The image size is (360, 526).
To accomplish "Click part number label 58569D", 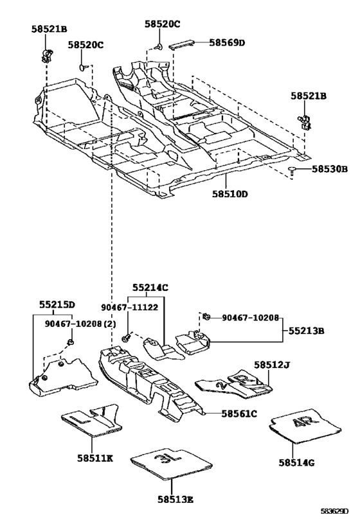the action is [227, 42].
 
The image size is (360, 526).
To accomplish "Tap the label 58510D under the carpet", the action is [230, 194].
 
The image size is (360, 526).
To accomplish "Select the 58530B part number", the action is [330, 169].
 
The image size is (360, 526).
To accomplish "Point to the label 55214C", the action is [150, 288].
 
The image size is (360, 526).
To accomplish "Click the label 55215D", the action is [57, 304].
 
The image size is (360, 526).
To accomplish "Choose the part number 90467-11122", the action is [130, 307].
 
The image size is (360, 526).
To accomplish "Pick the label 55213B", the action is [307, 331].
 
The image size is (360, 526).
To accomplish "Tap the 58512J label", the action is [272, 365].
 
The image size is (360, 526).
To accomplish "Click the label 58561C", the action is [239, 414].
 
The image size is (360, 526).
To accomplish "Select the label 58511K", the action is [95, 458].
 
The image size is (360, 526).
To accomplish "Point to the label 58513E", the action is [175, 500].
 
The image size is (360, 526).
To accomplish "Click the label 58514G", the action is [296, 463].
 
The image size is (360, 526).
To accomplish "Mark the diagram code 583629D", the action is [334, 511].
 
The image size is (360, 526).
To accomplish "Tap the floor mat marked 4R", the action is [305, 426].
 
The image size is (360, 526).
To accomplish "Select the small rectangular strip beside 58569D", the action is [181, 44].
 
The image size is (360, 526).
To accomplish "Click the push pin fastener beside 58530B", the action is [292, 171].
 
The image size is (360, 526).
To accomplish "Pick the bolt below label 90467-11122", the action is [126, 337].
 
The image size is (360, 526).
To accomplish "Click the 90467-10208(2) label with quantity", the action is [80, 324].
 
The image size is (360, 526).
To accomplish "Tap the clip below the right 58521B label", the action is [305, 122].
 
